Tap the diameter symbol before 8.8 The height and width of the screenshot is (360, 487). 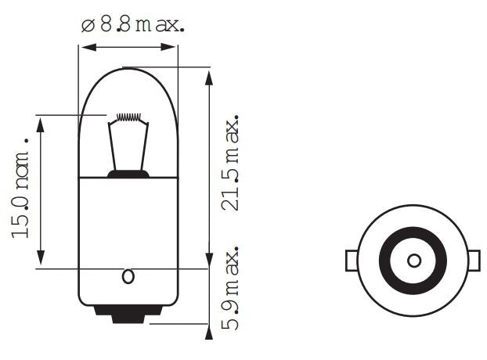(x=87, y=25)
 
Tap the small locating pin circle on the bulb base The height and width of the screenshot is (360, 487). (x=128, y=276)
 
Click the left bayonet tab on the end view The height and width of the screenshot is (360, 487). (x=352, y=260)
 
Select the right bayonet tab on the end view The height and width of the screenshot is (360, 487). (x=474, y=260)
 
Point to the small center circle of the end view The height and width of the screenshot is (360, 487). (x=413, y=260)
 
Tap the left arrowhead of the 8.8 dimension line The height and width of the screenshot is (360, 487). (x=85, y=48)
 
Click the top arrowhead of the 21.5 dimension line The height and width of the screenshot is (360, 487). (x=208, y=77)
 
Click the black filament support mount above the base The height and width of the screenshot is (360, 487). (x=128, y=174)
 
